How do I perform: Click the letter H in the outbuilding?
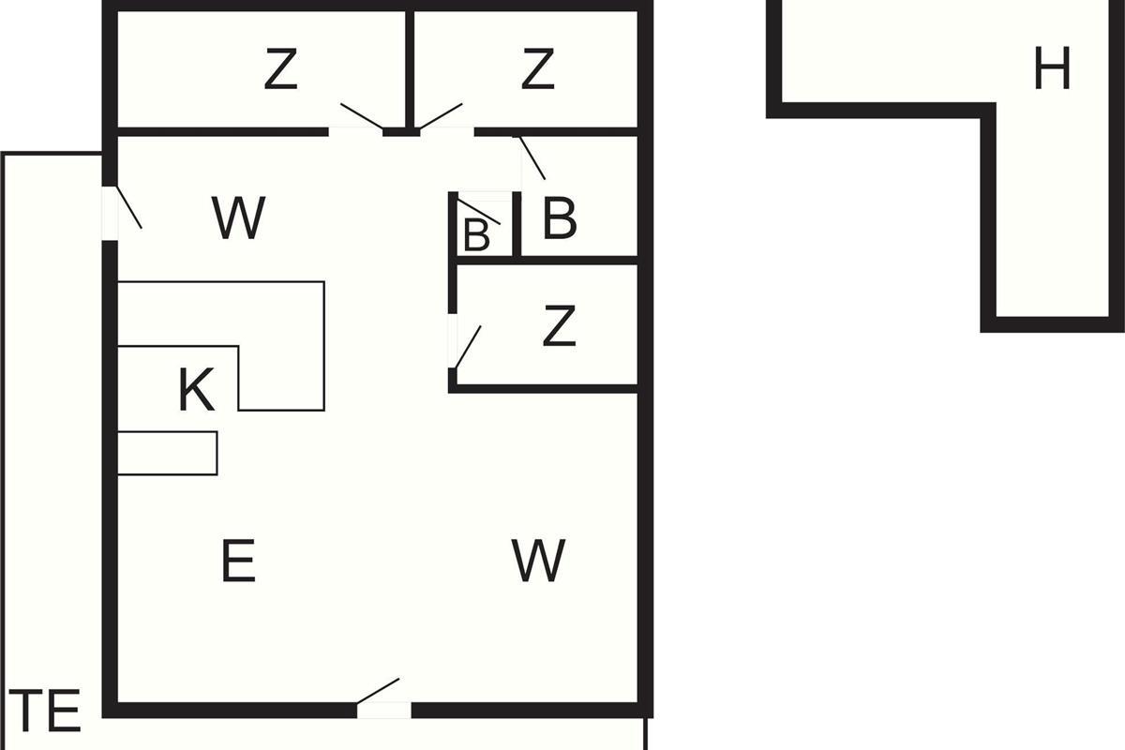tap(1051, 69)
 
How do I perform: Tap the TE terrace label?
tap(49, 712)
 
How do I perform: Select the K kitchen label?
tap(197, 391)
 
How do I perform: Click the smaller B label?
tap(476, 235)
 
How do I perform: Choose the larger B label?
tap(560, 220)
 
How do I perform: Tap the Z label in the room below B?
tap(559, 326)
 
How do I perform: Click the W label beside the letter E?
tap(539, 561)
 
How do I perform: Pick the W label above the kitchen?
tap(239, 218)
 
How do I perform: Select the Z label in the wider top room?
tap(280, 70)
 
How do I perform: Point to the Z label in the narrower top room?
tap(537, 70)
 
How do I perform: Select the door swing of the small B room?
tap(479, 212)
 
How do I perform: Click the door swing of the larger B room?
tap(532, 157)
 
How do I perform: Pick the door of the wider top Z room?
tap(361, 117)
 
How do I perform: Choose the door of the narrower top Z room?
tap(441, 117)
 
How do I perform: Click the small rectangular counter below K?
tap(168, 453)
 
